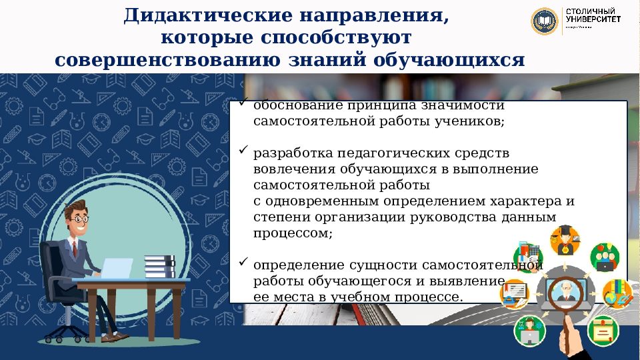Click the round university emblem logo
click(545, 21)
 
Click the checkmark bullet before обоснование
click(244, 105)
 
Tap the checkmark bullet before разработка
click(244, 151)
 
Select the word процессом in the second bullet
click(292, 233)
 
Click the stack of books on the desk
click(159, 267)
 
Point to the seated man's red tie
click(75, 250)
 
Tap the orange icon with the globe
click(617, 293)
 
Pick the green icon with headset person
click(530, 330)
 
